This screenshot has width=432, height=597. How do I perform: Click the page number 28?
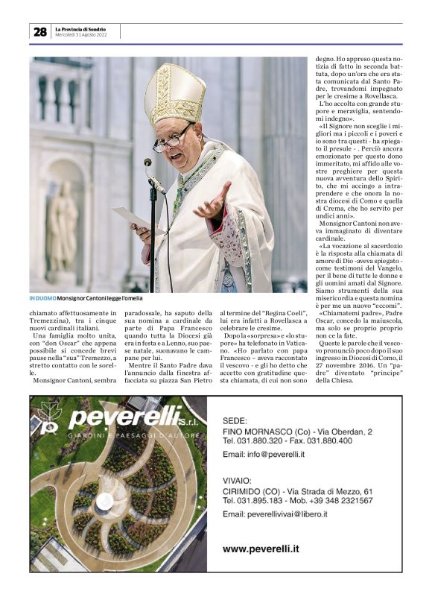pos(39,32)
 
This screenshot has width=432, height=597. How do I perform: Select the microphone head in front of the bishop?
pos(148,163)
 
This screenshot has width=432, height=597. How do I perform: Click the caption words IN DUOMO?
pos(42,298)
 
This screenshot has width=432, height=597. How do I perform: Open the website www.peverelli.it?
pos(261,549)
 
